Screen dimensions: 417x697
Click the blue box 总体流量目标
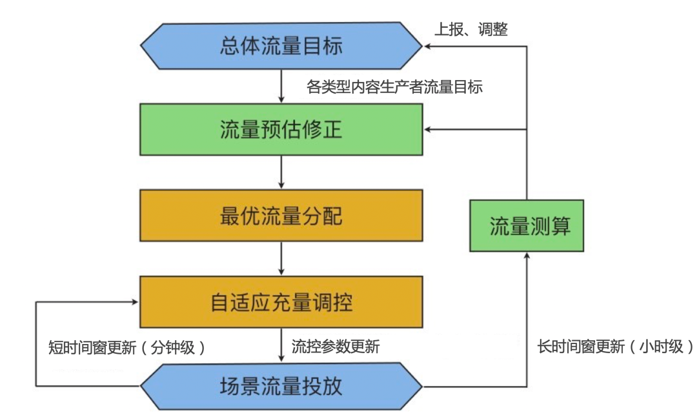coord(281,47)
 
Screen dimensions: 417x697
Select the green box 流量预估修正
coord(281,130)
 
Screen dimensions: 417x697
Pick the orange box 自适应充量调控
coord(281,301)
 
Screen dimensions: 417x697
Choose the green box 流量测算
coord(526,227)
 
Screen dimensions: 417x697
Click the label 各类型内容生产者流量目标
coord(395,87)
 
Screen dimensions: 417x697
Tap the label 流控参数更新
coord(336,347)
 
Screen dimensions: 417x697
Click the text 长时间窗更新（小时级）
coord(616,347)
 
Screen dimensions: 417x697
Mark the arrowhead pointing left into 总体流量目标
coord(428,47)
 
